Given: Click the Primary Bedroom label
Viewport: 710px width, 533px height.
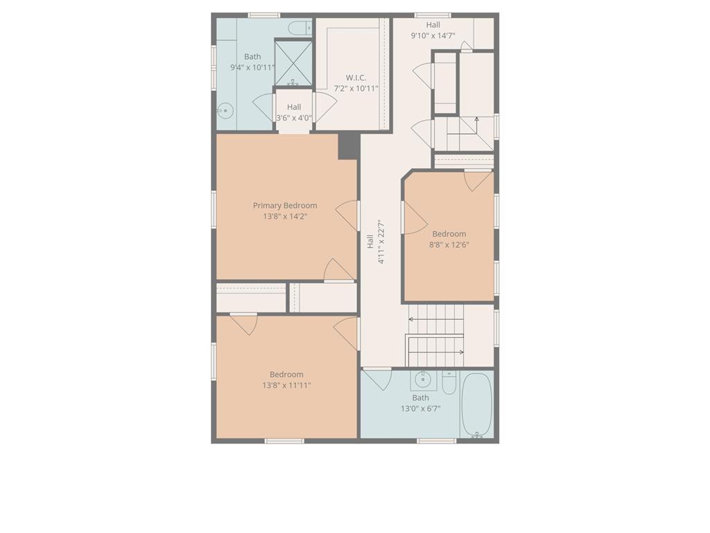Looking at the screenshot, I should click(x=285, y=205).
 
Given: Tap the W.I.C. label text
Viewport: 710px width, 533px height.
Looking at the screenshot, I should click(x=356, y=78).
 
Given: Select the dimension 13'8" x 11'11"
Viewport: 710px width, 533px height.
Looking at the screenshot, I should click(x=286, y=385).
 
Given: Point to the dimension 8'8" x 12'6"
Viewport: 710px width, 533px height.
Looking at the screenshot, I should click(x=449, y=244).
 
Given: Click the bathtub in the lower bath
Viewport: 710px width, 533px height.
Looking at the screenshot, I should click(x=476, y=405).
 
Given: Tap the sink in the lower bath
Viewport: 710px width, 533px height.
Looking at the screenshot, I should click(x=422, y=380).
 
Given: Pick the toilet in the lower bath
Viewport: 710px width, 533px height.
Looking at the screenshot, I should click(x=449, y=382).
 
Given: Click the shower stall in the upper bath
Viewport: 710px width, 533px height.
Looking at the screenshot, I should click(x=294, y=63).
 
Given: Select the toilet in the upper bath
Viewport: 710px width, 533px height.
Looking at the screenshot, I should click(x=300, y=28).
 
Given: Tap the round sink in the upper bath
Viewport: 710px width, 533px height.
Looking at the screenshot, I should click(x=224, y=110).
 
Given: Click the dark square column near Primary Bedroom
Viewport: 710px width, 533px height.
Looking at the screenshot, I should click(x=348, y=146).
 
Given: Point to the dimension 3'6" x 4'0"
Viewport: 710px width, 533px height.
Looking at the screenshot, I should click(x=294, y=118).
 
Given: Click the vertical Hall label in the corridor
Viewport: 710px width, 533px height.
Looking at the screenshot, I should click(x=370, y=241).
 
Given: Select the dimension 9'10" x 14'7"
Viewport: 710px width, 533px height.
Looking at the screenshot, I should click(x=433, y=36).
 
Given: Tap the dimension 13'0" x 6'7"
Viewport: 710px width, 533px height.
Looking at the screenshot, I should click(x=420, y=409).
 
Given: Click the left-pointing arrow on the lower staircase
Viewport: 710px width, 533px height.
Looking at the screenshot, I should click(x=412, y=319).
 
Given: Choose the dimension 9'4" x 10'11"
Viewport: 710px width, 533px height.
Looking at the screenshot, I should click(x=252, y=68).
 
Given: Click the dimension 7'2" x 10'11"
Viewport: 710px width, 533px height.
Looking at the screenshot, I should click(x=356, y=89).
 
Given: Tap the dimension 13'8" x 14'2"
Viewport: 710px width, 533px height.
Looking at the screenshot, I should click(x=285, y=217).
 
